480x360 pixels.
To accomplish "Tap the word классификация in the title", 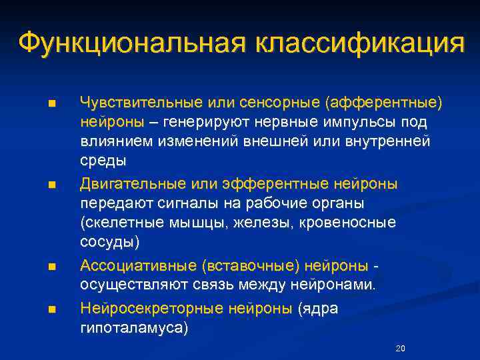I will click(x=359, y=43).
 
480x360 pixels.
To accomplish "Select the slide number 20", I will click(x=400, y=349).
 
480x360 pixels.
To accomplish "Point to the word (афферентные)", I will click(x=383, y=103).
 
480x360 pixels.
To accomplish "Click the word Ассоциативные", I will click(x=137, y=266).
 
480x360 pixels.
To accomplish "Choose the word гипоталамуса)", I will click(x=134, y=327).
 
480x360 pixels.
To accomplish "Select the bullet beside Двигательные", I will click(x=52, y=185).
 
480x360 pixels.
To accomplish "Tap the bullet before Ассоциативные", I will click(x=52, y=267).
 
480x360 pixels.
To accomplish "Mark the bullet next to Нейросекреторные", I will click(x=52, y=309).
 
